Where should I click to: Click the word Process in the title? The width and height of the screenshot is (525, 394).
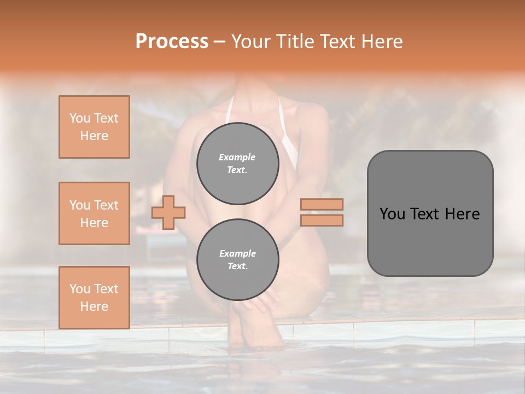point(172,42)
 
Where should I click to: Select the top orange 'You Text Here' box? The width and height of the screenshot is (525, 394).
point(94,127)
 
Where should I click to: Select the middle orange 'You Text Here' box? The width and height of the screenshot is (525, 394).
point(94,213)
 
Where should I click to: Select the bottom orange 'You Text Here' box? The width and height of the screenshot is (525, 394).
point(94,297)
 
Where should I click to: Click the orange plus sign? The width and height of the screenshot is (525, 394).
point(168,212)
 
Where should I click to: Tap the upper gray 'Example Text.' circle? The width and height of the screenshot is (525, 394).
point(237,164)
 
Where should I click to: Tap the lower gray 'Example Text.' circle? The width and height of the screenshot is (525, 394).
point(237,260)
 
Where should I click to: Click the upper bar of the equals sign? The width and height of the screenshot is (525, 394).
point(322,204)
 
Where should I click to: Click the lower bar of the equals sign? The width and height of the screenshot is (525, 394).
point(322,220)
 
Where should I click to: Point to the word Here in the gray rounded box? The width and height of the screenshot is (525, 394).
point(462,214)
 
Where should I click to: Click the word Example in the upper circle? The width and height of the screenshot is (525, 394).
point(237,157)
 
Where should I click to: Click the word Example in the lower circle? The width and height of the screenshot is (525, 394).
point(237,253)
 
